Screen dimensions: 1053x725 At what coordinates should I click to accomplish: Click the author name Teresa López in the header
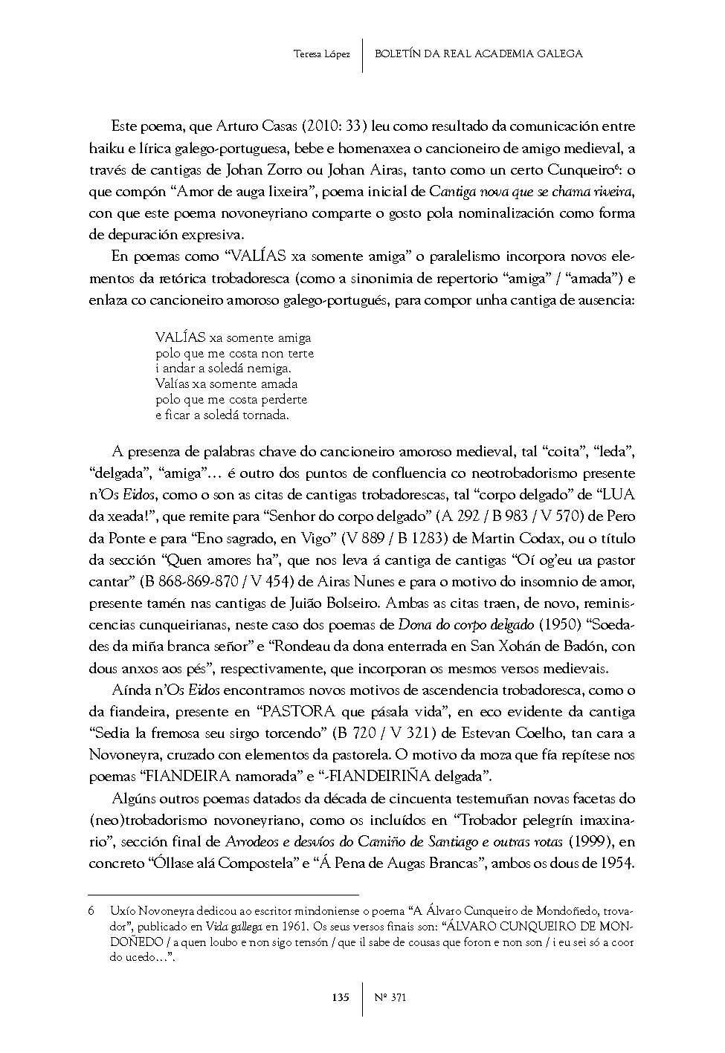pyautogui.click(x=322, y=54)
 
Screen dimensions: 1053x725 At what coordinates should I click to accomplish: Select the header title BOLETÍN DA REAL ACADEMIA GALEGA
pyautogui.click(x=479, y=54)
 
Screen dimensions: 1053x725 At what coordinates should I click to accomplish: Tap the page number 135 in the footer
pyautogui.click(x=341, y=997)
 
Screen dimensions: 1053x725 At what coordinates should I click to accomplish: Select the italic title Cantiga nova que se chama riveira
pyautogui.click(x=531, y=192)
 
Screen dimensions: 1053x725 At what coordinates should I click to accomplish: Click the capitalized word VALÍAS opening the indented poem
pyautogui.click(x=181, y=338)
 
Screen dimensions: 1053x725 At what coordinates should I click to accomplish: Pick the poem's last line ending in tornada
pyautogui.click(x=222, y=415)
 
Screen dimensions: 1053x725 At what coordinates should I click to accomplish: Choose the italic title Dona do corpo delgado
pyautogui.click(x=465, y=624)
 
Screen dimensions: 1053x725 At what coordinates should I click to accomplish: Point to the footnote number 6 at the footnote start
pyautogui.click(x=91, y=910)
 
